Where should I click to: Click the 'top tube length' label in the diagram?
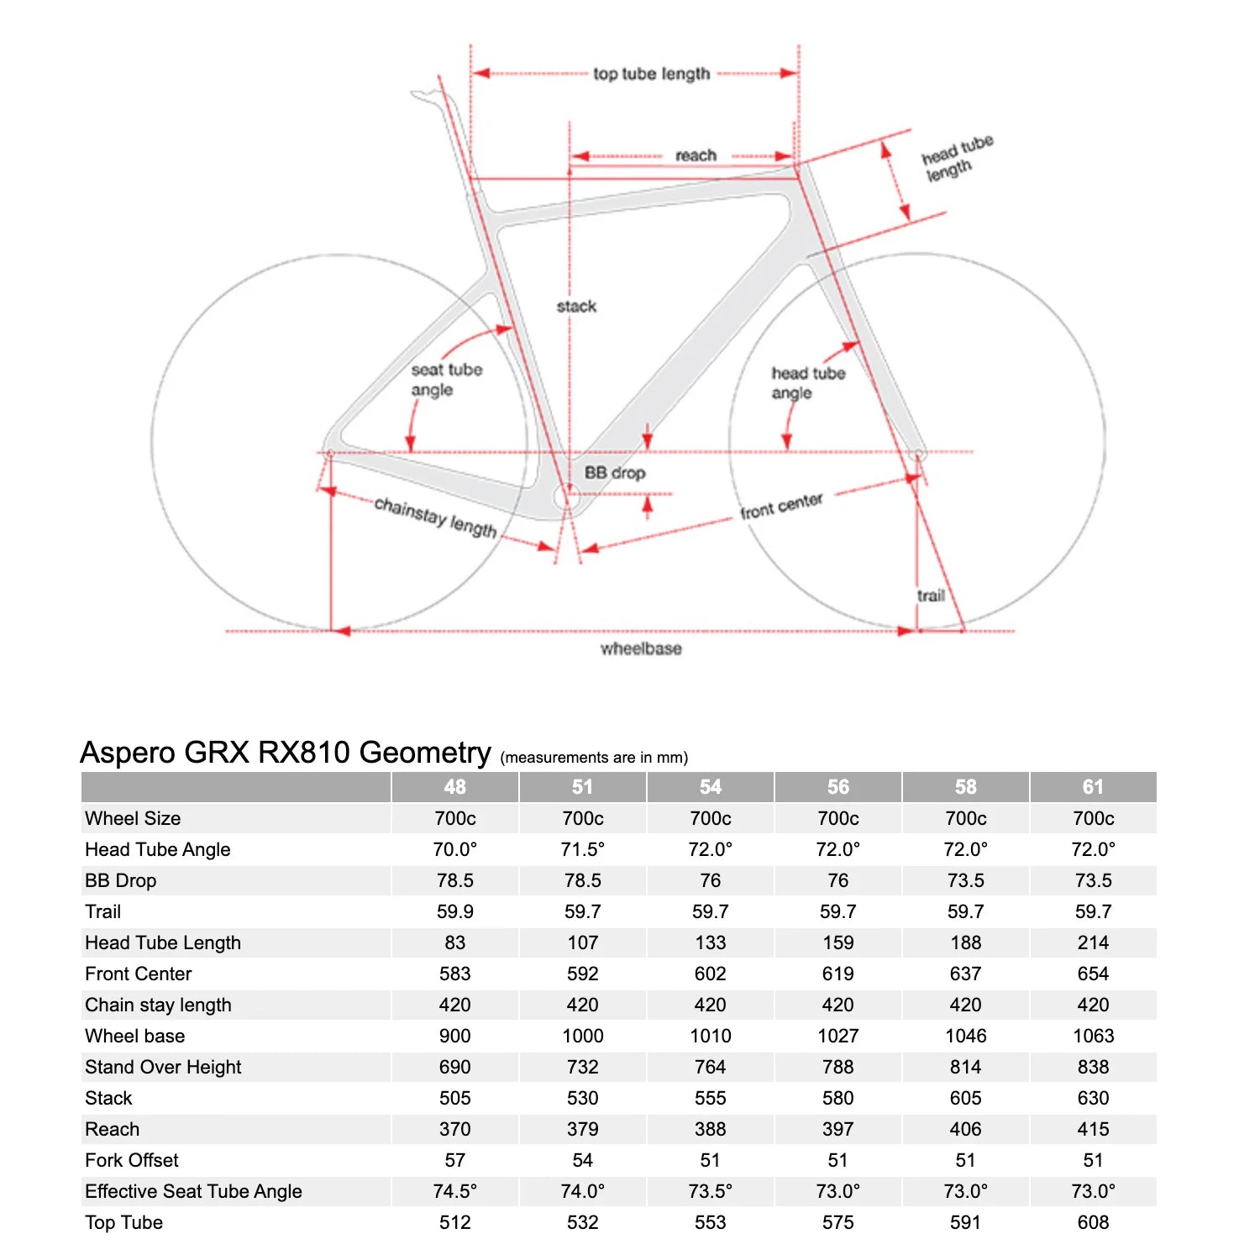pos(651,74)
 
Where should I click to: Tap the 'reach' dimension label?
pos(696,155)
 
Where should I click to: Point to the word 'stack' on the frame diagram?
pos(576,307)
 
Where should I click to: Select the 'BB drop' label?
pos(615,473)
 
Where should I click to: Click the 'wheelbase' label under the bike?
pos(641,648)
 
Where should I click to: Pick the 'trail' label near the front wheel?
pos(931,596)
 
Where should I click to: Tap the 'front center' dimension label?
pos(781,506)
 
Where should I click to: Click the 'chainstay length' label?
pos(435,517)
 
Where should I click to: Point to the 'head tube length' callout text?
pos(956,159)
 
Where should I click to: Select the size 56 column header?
pos(837,787)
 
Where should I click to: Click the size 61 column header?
pos(1093,787)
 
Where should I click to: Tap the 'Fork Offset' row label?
pos(132,1160)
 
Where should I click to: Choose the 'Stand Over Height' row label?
pos(163,1067)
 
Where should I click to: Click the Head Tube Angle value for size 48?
pos(454,849)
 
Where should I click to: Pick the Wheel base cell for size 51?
pos(582,1036)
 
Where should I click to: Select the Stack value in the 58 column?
pos(965,1098)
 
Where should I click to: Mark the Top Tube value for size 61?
pos(1093,1222)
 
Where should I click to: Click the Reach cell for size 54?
pos(710,1129)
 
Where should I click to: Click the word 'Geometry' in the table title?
pos(425,752)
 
